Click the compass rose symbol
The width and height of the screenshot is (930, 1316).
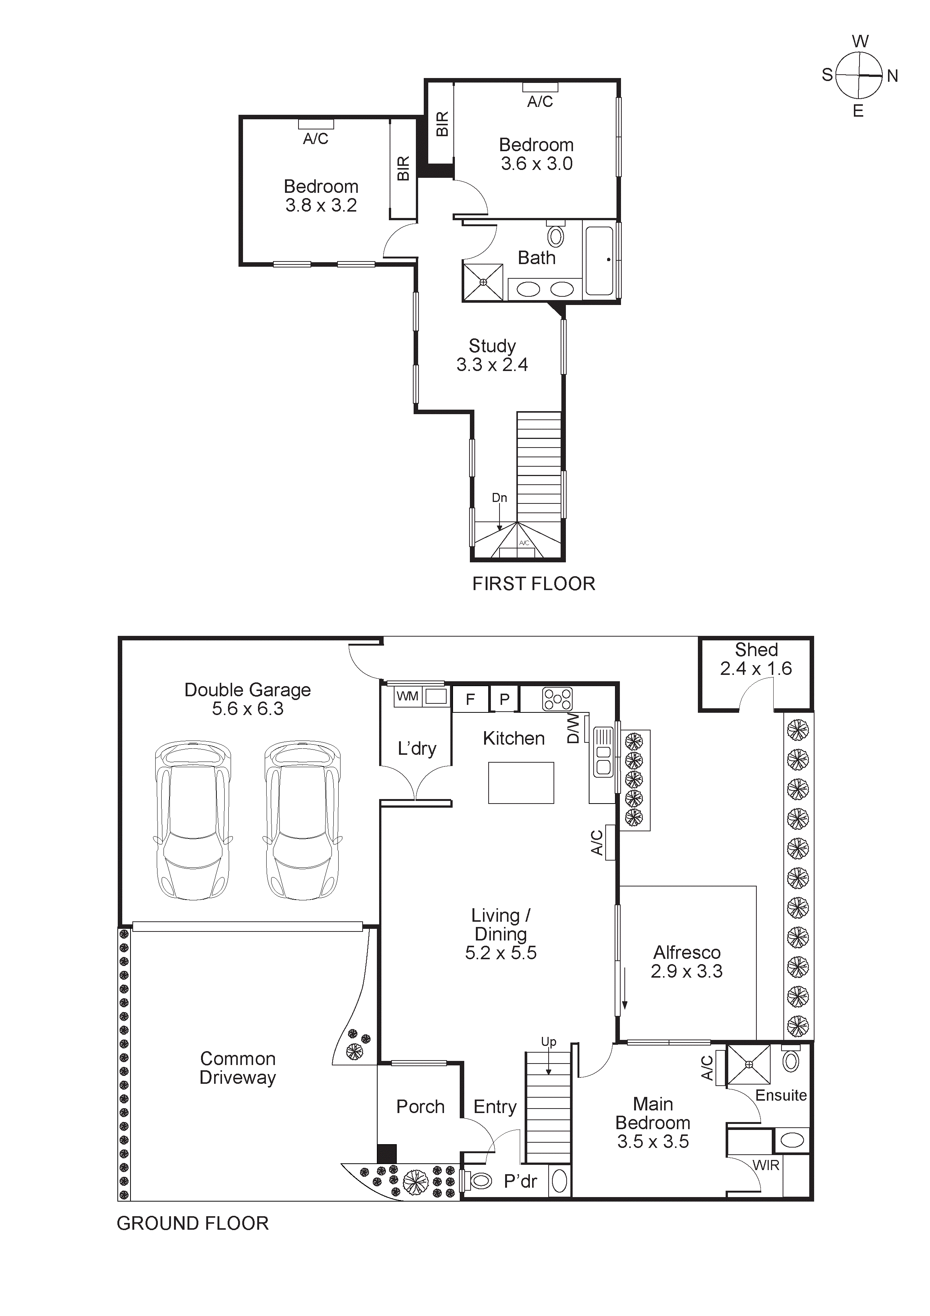point(858,76)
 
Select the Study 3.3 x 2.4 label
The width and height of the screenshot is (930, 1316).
point(492,355)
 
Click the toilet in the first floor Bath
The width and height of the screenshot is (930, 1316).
point(555,235)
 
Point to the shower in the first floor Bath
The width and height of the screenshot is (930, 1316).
point(483,282)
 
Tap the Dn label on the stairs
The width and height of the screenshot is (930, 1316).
point(499,497)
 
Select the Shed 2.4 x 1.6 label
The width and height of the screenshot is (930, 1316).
point(755,659)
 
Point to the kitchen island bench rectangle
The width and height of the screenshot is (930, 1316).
point(521,783)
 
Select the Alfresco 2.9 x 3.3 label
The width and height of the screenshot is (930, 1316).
point(687,962)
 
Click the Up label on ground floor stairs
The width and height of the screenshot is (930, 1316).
point(548,1041)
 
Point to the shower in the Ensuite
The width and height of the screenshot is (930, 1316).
point(749,1064)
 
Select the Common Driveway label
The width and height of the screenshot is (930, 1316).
point(237,1068)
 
